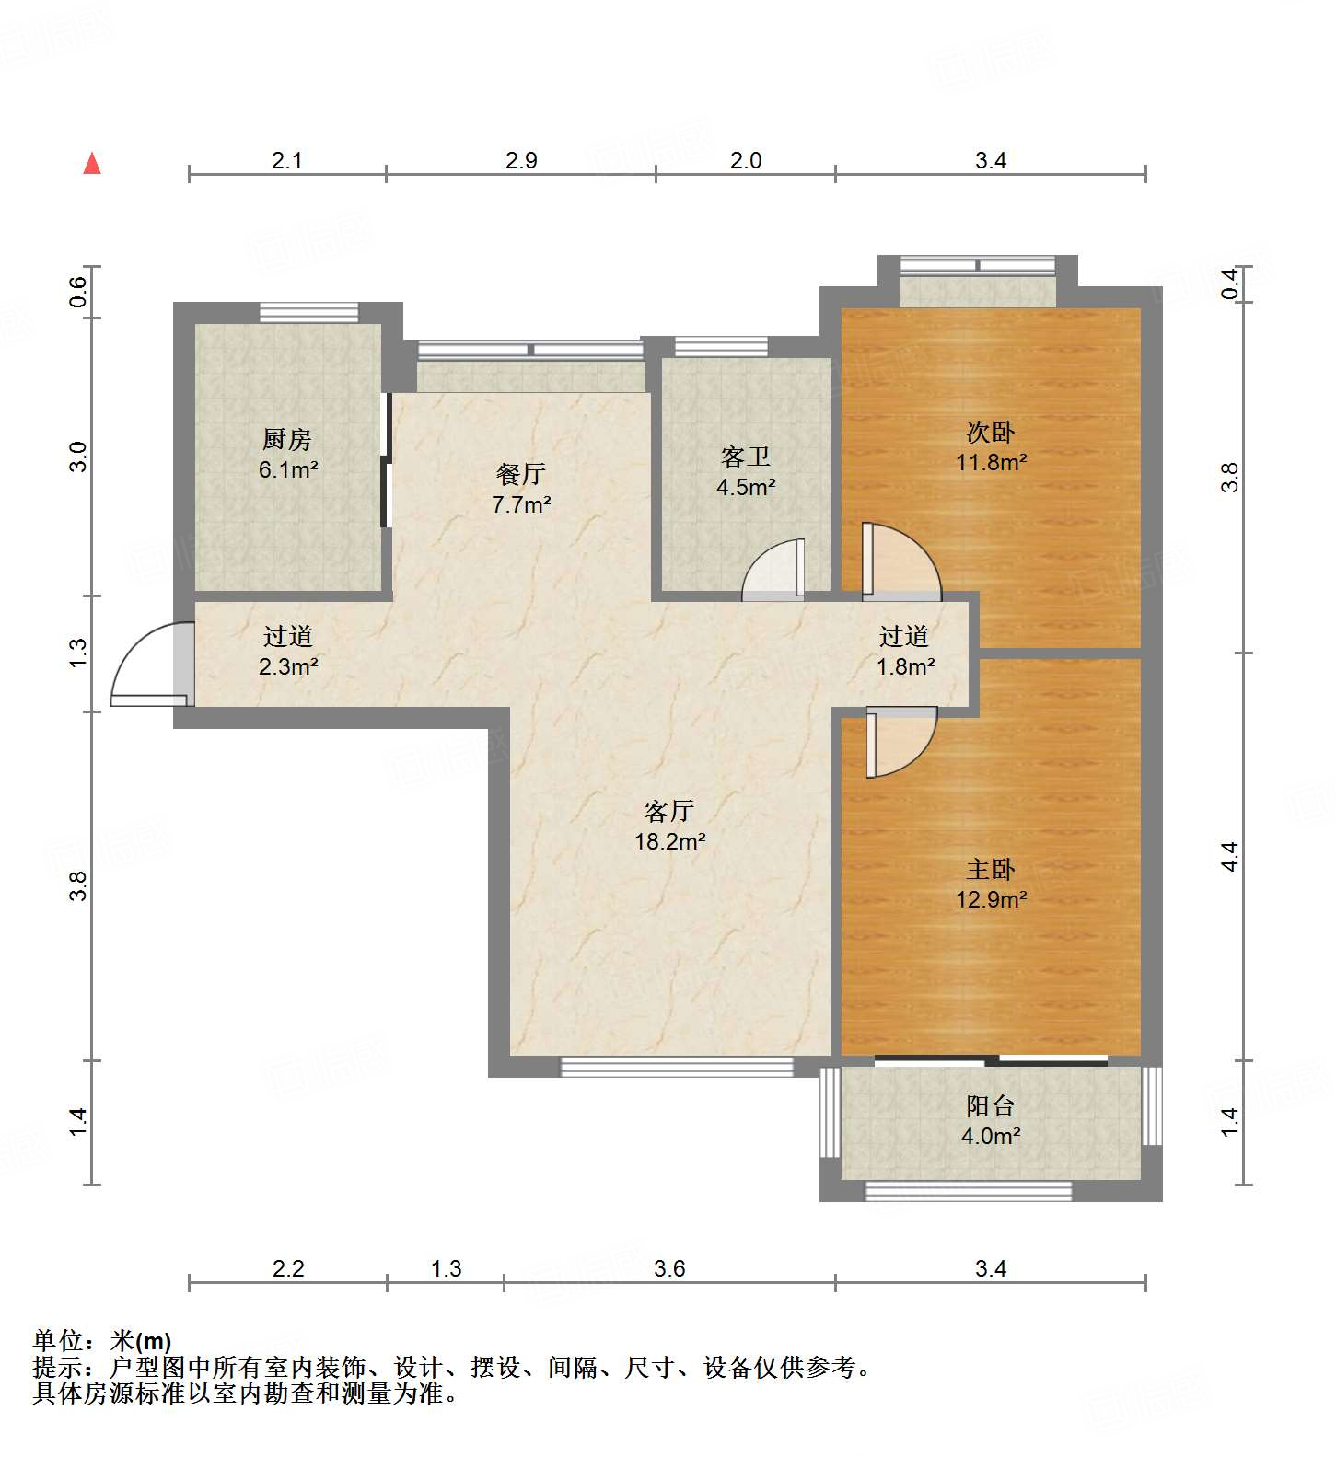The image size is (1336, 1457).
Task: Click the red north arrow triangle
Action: pos(92,164)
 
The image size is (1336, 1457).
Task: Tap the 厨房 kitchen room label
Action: pos(287,439)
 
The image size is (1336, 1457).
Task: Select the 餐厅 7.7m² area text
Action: pos(521,504)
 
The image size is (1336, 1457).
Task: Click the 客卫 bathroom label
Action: pos(746,457)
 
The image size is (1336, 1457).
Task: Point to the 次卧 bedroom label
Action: pos(991,431)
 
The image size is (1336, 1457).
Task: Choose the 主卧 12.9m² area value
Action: pos(991,899)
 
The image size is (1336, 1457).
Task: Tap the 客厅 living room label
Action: pos(669,811)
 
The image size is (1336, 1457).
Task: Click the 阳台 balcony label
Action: pos(991,1105)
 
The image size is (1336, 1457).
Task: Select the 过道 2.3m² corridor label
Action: pos(288,651)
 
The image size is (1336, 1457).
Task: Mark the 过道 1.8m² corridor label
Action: pos(905,651)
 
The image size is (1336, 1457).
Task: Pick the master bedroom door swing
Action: pos(901,742)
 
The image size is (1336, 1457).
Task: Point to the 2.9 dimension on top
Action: pos(521,161)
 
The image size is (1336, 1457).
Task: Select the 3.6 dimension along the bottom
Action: pos(669,1269)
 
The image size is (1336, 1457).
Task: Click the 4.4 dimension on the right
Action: pos(1229,857)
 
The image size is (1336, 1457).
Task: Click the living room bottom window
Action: pos(677,1067)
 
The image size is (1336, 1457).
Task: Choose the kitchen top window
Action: pos(308,312)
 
